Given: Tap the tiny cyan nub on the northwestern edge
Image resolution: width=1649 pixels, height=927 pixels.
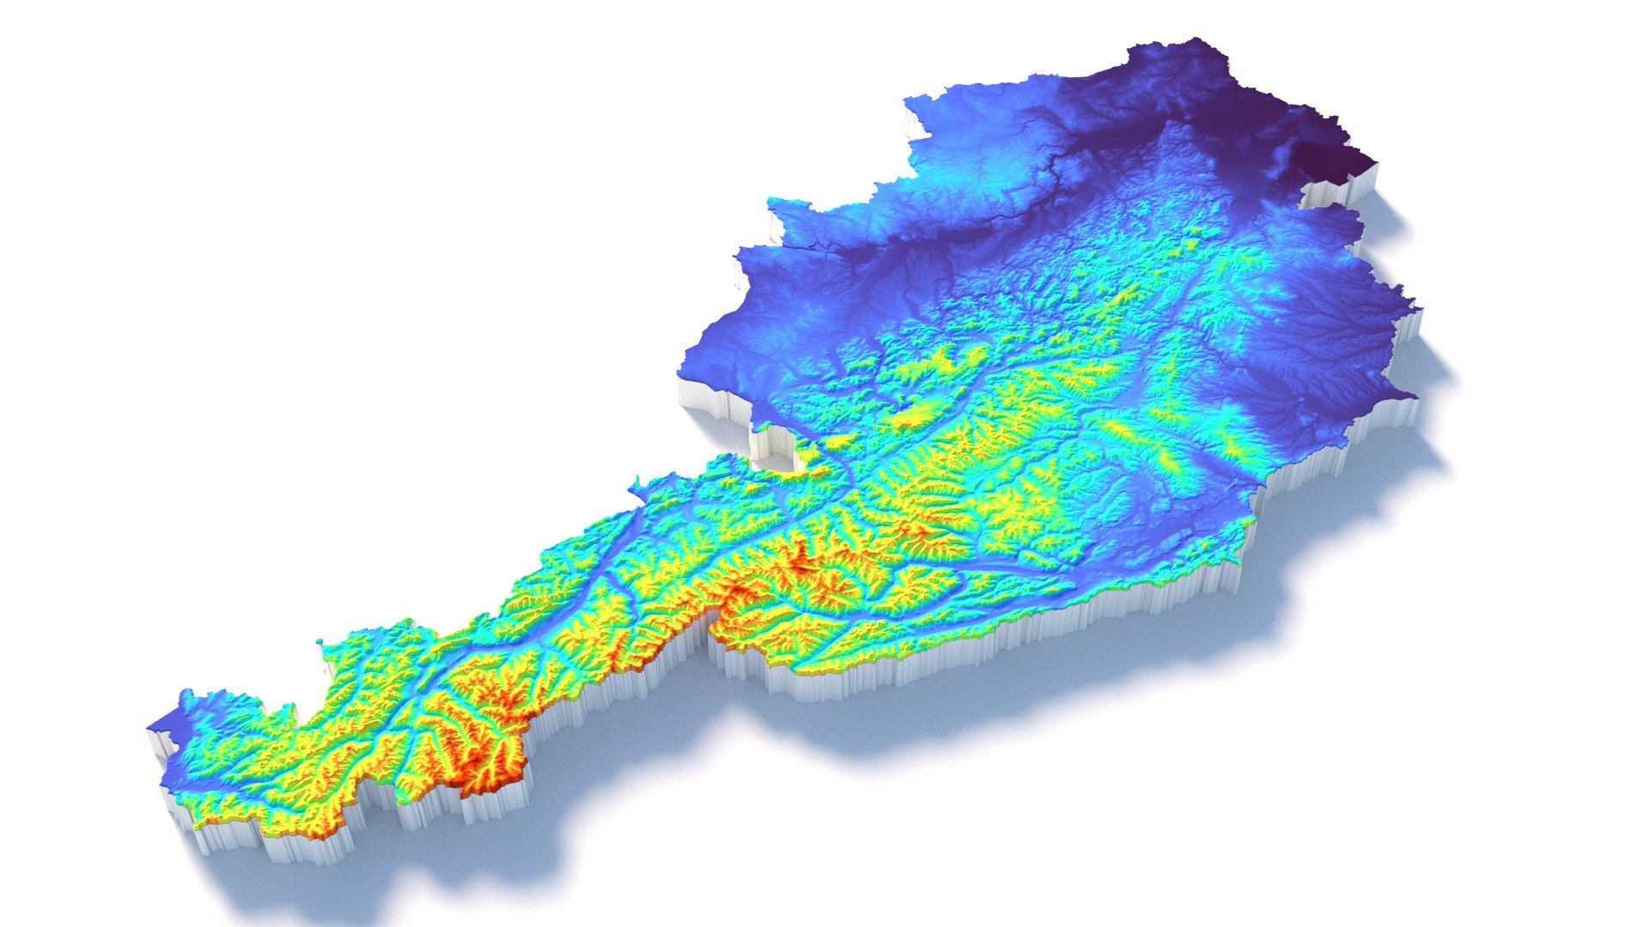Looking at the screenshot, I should point(323,642).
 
